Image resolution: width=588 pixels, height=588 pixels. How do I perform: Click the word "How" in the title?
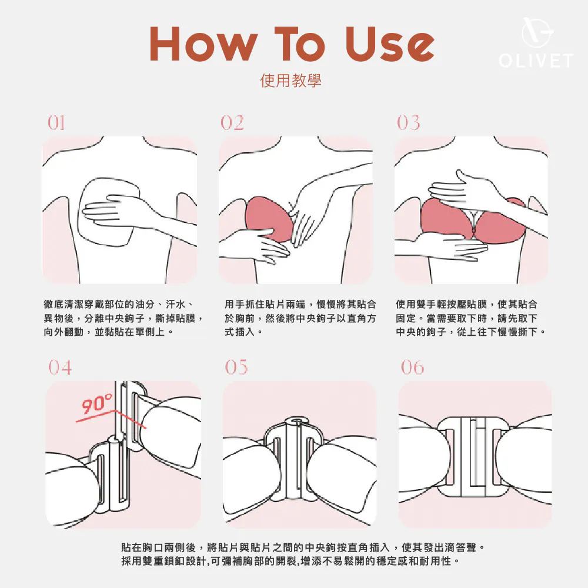pyautogui.click(x=204, y=44)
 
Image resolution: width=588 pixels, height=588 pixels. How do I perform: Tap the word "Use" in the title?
pyautogui.click(x=390, y=44)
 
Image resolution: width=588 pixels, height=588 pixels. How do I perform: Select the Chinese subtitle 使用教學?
pyautogui.click(x=290, y=81)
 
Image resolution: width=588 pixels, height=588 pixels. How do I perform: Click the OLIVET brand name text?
pyautogui.click(x=536, y=61)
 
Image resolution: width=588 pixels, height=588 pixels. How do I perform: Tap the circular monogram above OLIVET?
pyautogui.click(x=537, y=32)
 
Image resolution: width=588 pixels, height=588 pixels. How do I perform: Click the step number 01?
pyautogui.click(x=56, y=123)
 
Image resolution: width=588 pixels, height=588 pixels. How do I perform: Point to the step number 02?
pyautogui.click(x=232, y=123)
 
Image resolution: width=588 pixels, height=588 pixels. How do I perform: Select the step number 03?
pyautogui.click(x=409, y=123)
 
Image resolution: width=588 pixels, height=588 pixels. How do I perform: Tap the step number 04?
pyautogui.click(x=60, y=367)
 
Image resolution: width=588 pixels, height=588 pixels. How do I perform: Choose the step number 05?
pyautogui.click(x=236, y=367)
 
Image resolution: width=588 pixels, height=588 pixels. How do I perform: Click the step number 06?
pyautogui.click(x=413, y=367)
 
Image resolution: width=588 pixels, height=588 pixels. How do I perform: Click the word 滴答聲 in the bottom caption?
pyautogui.click(x=460, y=547)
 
